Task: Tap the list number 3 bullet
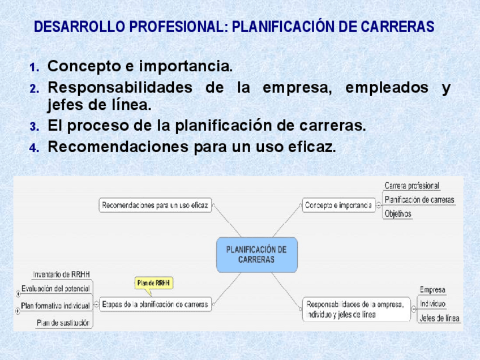[x=35, y=126]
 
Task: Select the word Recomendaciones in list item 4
[x=118, y=147]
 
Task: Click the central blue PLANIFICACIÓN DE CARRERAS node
[x=257, y=255]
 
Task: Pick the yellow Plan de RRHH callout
[x=153, y=283]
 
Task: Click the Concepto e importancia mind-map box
[x=338, y=205]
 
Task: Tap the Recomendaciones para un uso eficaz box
[x=155, y=205]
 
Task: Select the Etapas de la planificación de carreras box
[x=155, y=305]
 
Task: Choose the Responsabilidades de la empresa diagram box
[x=356, y=309]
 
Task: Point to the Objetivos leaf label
[x=398, y=213]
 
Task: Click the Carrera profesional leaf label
[x=412, y=186]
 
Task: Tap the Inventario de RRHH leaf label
[x=61, y=275]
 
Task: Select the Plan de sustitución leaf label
[x=63, y=323]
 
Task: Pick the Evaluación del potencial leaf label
[x=55, y=289]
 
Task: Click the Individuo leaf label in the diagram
[x=432, y=303]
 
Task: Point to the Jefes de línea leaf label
[x=439, y=318]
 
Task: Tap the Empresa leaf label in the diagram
[x=432, y=290]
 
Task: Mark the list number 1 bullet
[x=35, y=67]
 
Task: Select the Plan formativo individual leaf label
[x=55, y=306]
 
